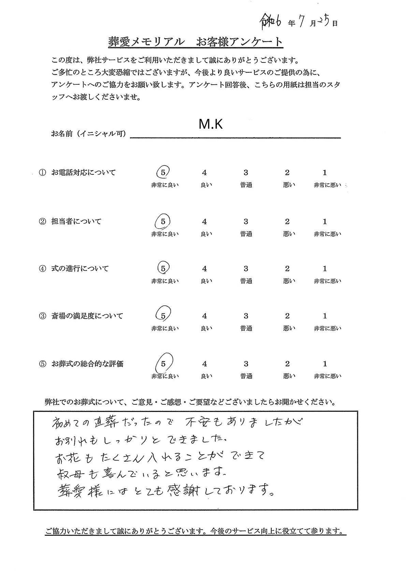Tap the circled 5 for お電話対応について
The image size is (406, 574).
pyautogui.click(x=163, y=172)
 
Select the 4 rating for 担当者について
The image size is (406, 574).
pyautogui.click(x=204, y=222)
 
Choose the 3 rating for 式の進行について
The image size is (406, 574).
pyautogui.click(x=246, y=269)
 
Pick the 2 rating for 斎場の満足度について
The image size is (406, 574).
pyautogui.click(x=287, y=316)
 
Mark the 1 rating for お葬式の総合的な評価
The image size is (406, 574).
pyautogui.click(x=324, y=364)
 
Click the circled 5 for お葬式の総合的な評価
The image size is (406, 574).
pyautogui.click(x=163, y=364)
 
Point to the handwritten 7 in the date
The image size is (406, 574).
pyautogui.click(x=302, y=22)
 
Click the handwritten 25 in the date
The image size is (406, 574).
pyautogui.click(x=324, y=21)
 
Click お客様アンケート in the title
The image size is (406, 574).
pyautogui.click(x=240, y=42)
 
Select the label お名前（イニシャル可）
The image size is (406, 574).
pyautogui.click(x=88, y=134)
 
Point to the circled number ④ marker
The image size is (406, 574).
pyautogui.click(x=42, y=269)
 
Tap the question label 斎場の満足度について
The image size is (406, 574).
pyautogui.click(x=87, y=316)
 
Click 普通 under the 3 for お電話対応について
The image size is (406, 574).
pyautogui.click(x=246, y=185)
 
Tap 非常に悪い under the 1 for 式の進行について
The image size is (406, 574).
pyautogui.click(x=327, y=281)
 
